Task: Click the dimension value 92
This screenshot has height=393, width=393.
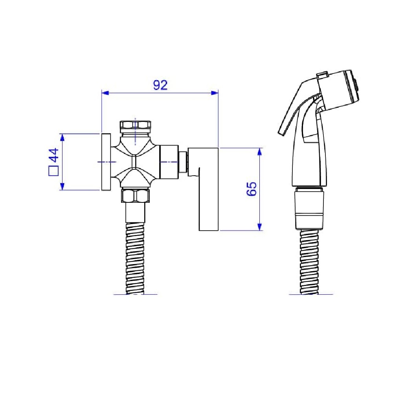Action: (160, 85)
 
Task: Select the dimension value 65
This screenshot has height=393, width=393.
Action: (252, 189)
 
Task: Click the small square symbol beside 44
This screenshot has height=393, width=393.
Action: (53, 171)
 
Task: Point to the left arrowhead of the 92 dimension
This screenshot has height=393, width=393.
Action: (105, 93)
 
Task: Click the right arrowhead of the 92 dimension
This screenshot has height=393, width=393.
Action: (215, 93)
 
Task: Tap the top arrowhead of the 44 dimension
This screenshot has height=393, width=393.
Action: (62, 137)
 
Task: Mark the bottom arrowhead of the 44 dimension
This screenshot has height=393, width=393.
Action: (62, 186)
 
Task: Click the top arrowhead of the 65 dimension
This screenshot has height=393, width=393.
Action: (260, 152)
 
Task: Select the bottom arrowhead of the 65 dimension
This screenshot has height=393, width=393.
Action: (260, 227)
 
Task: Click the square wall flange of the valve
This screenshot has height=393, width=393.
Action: (106, 162)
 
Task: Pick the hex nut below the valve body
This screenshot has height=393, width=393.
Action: (135, 196)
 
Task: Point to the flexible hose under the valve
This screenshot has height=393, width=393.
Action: (135, 259)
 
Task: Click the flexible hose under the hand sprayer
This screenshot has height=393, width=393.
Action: (309, 262)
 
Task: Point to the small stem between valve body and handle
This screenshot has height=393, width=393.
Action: (183, 162)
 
